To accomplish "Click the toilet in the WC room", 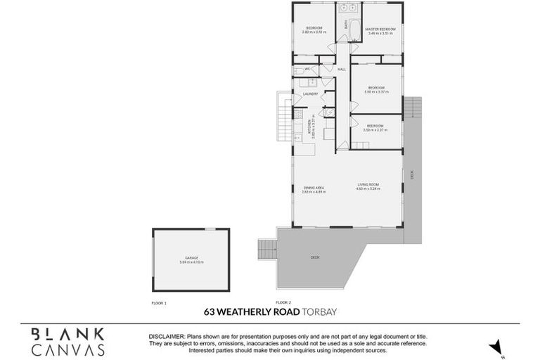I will [298, 70].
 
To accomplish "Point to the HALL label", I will [342, 69].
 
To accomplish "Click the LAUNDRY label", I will [310, 94].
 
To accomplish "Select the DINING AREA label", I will [314, 187].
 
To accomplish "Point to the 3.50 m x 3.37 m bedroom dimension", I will [375, 91].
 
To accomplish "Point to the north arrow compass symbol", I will [499, 347].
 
